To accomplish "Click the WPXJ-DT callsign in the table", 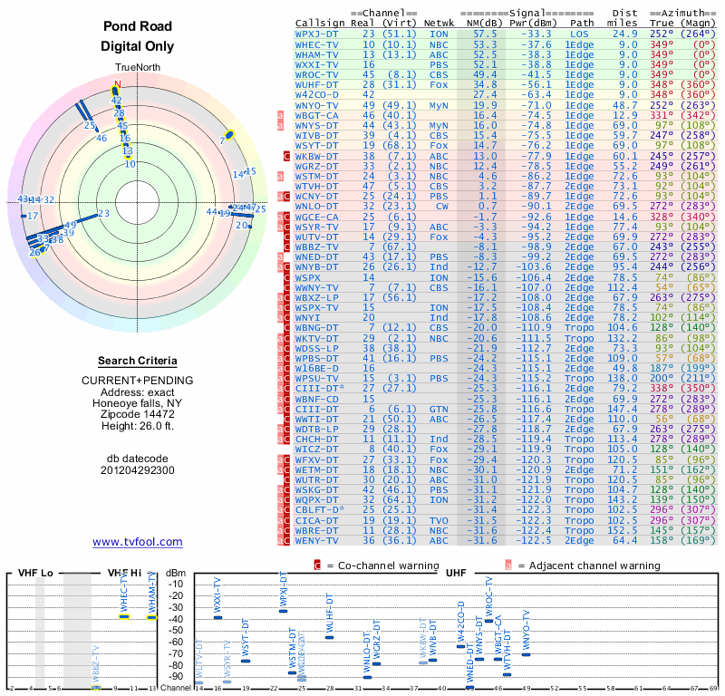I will click(x=316, y=33).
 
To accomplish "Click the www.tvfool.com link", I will click(x=137, y=542).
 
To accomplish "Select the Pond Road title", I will click(x=137, y=26).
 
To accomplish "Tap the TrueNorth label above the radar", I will click(x=137, y=68).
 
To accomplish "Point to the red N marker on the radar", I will click(x=115, y=86).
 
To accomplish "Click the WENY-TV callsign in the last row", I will click(x=316, y=540).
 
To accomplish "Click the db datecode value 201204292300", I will click(x=137, y=470).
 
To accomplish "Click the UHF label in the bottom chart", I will click(x=456, y=574).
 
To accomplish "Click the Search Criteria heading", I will click(x=137, y=361).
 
